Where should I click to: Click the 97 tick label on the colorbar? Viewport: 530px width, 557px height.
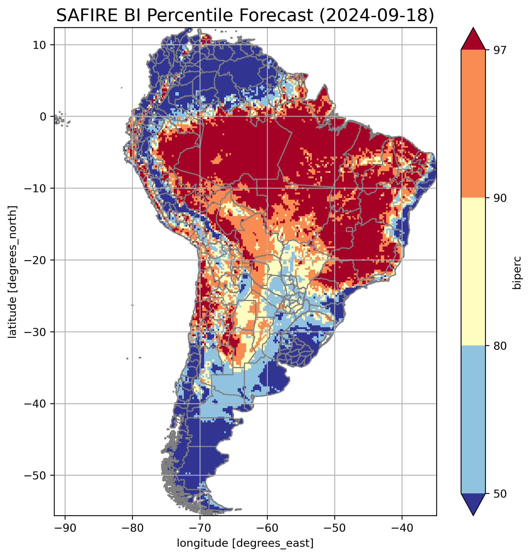point(500,50)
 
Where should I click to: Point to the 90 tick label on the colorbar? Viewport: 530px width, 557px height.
point(500,198)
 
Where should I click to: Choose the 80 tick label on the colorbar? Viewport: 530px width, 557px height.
point(500,346)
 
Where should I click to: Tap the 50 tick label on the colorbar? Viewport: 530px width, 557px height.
point(500,494)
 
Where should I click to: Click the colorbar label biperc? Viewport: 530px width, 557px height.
point(517,273)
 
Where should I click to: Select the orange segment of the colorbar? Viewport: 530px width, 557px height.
point(473,124)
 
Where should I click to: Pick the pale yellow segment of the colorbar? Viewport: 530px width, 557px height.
point(473,271)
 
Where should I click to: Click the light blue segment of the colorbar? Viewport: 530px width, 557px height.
point(473,420)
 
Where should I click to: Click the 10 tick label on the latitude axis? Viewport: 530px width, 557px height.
point(40,45)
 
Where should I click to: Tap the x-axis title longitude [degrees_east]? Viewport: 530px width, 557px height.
point(245,543)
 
